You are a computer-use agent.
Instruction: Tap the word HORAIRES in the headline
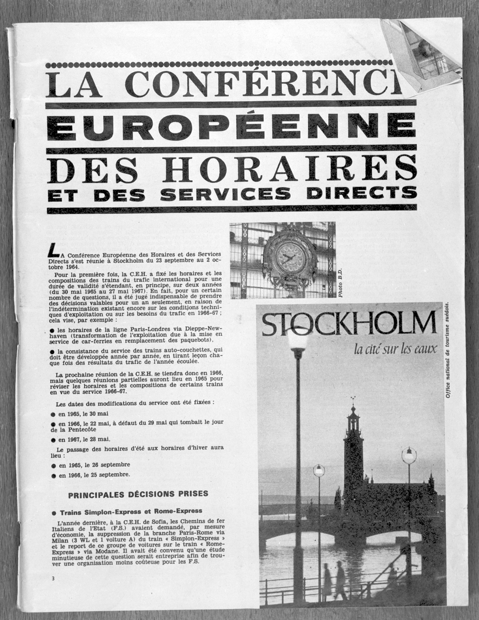pyautogui.click(x=289, y=169)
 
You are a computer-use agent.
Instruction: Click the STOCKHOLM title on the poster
pyautogui.click(x=349, y=324)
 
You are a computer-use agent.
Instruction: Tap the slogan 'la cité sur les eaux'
pyautogui.click(x=395, y=350)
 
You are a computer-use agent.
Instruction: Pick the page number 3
pyautogui.click(x=53, y=578)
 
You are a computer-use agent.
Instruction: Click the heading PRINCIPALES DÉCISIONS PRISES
pyautogui.click(x=138, y=494)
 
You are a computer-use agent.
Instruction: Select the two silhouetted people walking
pyautogui.click(x=333, y=581)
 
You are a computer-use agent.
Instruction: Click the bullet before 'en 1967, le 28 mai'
pyautogui.click(x=54, y=439)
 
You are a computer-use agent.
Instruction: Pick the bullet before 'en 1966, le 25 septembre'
pyautogui.click(x=54, y=475)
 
